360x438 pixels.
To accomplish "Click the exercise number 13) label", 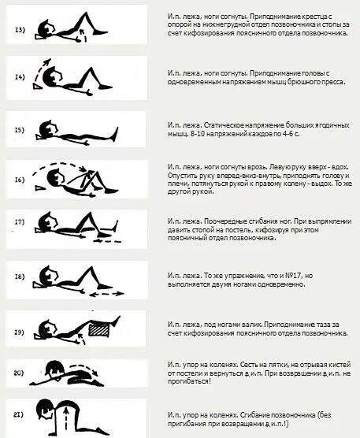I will click(x=20, y=31).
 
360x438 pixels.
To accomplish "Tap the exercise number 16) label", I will click(x=20, y=180).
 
